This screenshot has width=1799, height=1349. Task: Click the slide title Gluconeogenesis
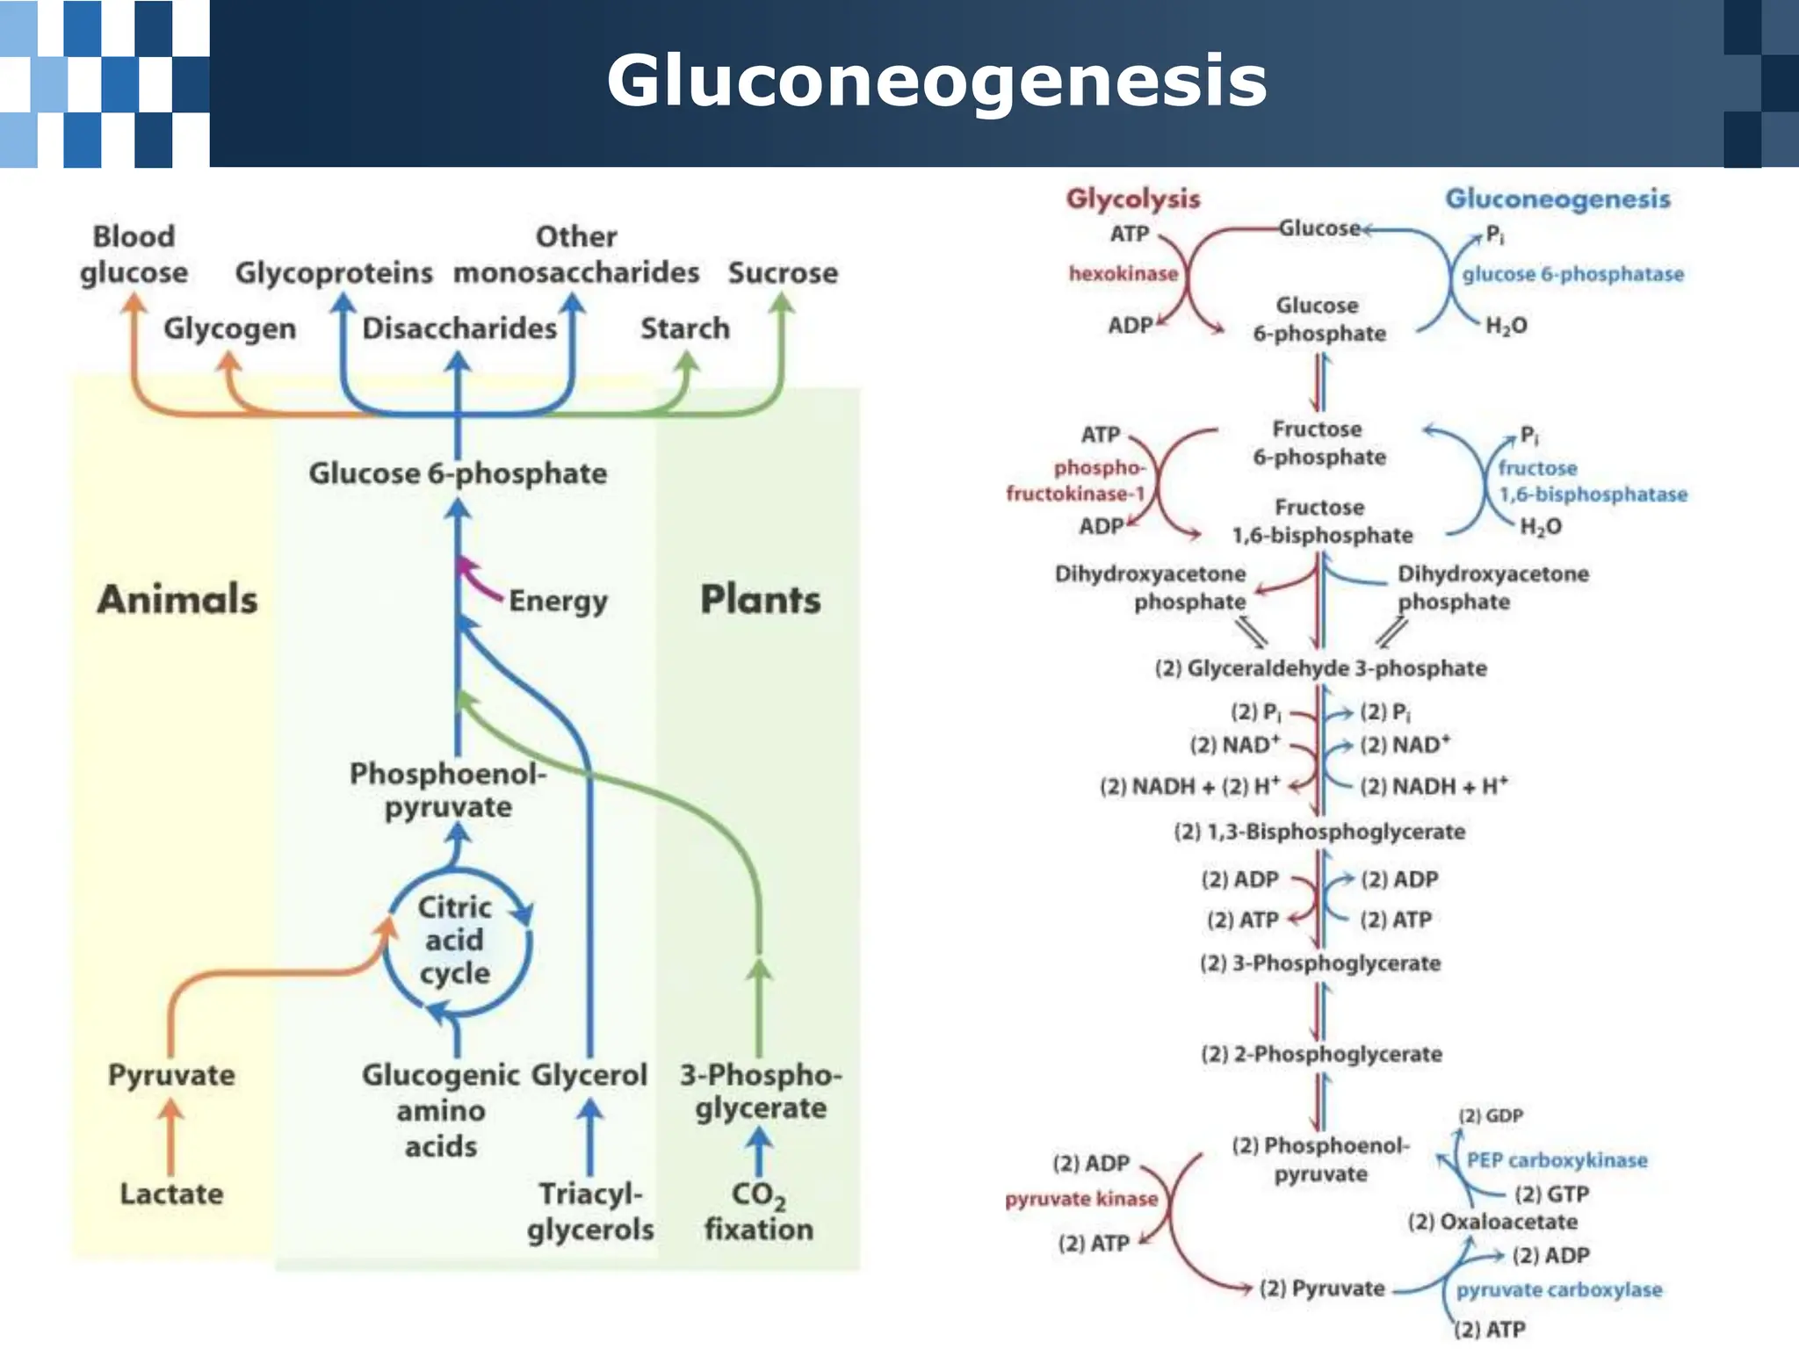pos(936,81)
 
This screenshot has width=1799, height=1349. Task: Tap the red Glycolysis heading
pos(1133,198)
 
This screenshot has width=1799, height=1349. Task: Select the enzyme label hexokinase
pos(1123,274)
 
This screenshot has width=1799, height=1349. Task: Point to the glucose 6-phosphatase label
pos(1572,274)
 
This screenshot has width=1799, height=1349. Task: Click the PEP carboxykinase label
pos(1557,1160)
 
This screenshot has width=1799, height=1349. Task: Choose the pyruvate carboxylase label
pos(1559,1290)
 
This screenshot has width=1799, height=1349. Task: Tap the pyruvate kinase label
pos(1081,1200)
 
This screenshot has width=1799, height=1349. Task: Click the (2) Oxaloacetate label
pos(1492,1222)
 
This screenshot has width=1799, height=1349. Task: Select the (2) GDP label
pos(1491,1115)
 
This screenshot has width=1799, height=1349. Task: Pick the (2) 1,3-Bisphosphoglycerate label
pos(1319,832)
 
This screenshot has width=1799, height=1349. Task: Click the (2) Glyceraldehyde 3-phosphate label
pos(1320,668)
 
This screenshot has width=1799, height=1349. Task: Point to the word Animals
pos(177,600)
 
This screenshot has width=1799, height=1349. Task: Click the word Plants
pos(760,600)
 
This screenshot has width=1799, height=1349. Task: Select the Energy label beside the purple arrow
pos(558,602)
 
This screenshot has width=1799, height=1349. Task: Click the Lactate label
pos(171,1194)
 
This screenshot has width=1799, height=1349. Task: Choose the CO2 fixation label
pos(759,1212)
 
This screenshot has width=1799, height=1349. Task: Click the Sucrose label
pos(783,273)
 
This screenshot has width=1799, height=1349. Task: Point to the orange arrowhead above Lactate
pos(171,1111)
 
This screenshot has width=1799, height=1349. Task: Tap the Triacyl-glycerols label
pos(590,1212)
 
